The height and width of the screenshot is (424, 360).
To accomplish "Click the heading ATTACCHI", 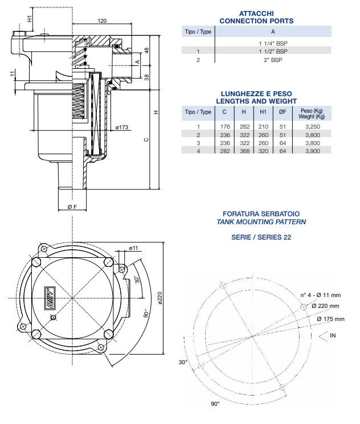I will coord(256,13).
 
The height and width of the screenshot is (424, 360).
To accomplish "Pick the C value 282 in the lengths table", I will coord(224,151).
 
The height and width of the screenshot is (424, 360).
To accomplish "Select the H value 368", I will coord(244,151).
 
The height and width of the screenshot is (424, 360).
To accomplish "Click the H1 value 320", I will coord(263,151).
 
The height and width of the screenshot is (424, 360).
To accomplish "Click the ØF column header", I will coord(283,112).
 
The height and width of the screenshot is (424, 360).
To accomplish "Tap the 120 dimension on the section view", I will coord(101,21).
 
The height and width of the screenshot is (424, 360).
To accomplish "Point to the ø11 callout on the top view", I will coord(134,248).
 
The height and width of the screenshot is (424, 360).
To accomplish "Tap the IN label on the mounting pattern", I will coord(333,336).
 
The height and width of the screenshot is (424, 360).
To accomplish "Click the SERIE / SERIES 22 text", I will coord(256,237).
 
